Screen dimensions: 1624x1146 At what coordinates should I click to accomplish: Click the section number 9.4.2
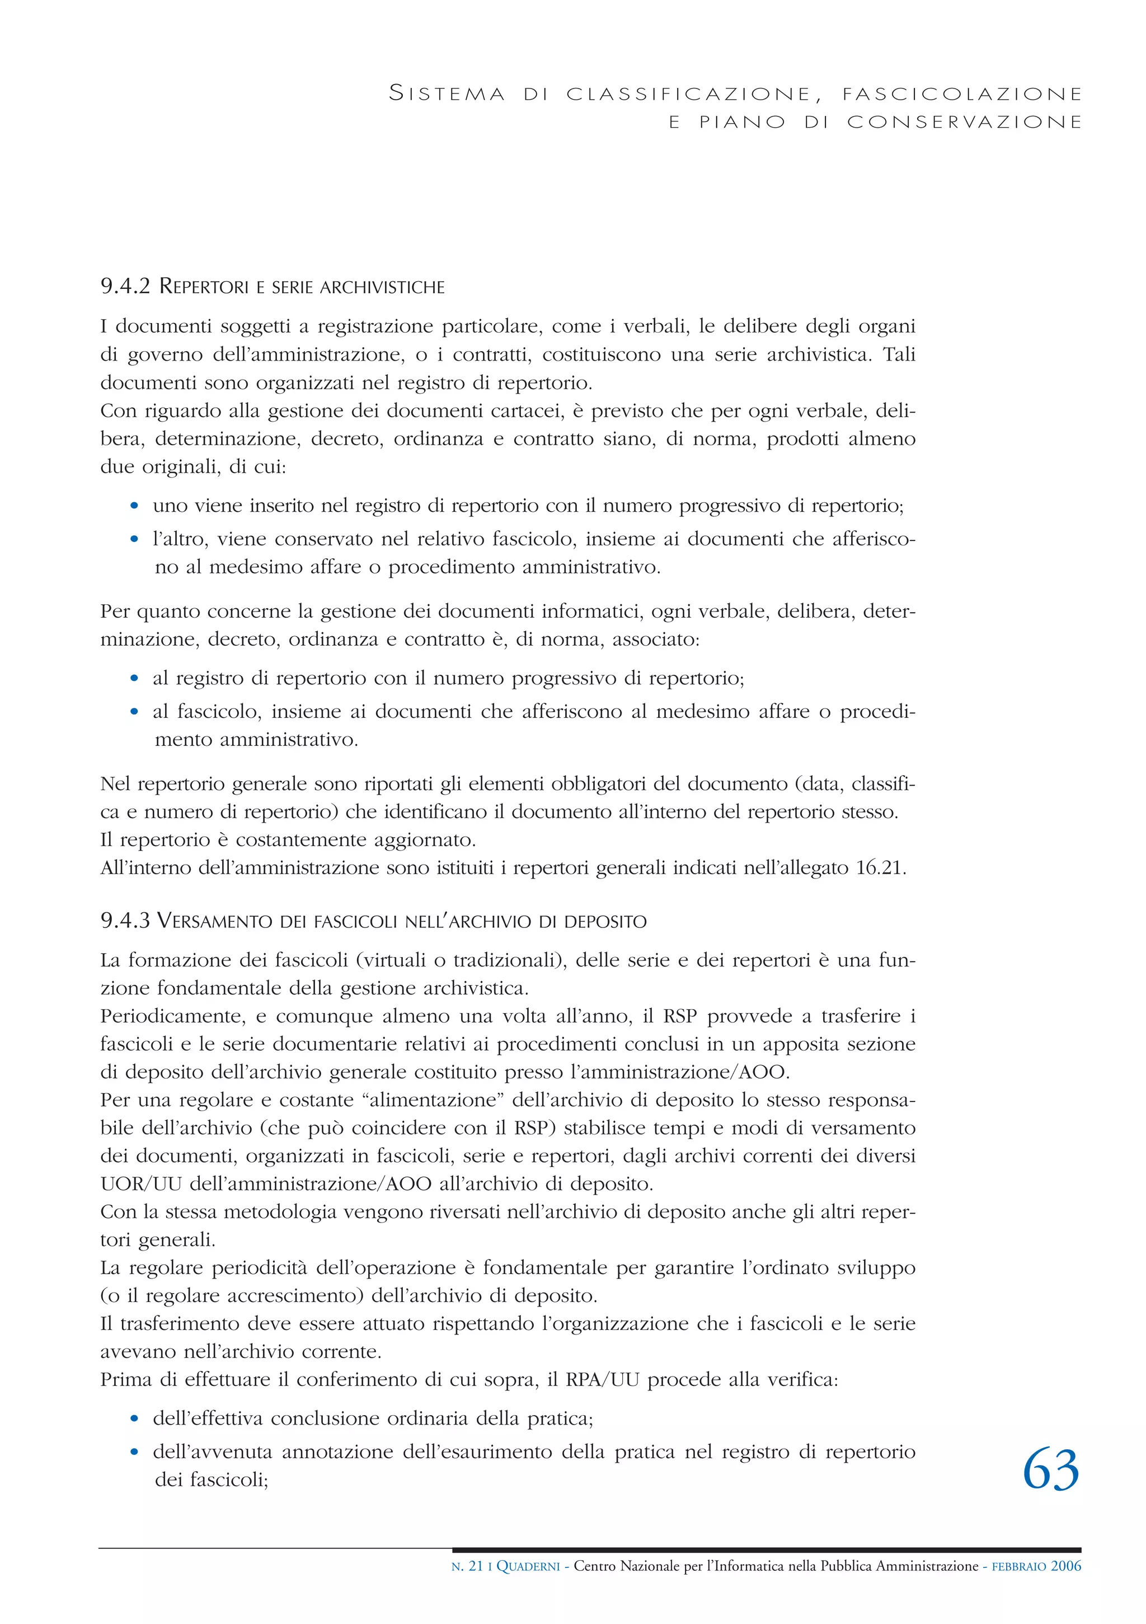[125, 287]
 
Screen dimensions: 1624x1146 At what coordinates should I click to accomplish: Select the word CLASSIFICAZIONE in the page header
[689, 94]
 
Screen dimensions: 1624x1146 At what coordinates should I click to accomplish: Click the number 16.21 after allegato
[880, 868]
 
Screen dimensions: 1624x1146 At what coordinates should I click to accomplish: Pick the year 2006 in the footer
[1065, 1566]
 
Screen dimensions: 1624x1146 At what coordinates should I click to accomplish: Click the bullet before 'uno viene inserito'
[134, 506]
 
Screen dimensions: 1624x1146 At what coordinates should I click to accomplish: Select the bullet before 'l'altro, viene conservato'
[134, 540]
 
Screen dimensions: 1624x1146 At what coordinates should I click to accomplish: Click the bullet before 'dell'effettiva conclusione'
[134, 1419]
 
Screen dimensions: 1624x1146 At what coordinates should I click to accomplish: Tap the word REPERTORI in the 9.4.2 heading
[204, 287]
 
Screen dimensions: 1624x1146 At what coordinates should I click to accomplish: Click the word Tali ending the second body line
[899, 354]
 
